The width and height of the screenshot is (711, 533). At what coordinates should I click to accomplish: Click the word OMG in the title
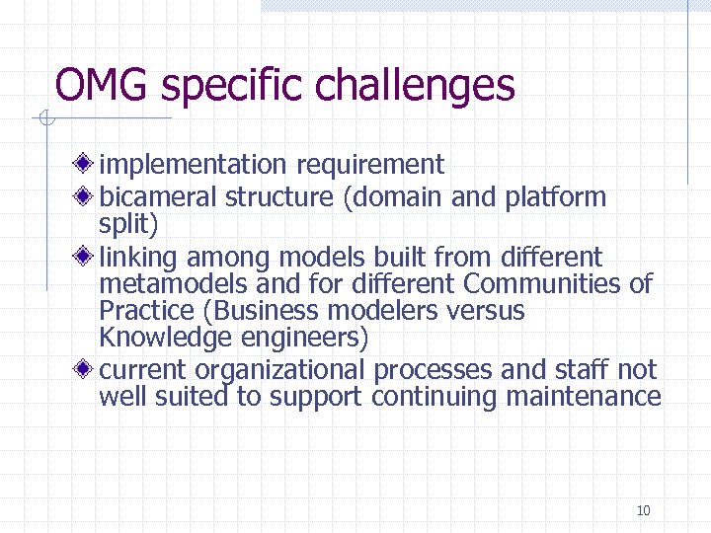[102, 85]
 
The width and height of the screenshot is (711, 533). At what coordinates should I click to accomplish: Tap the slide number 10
[644, 510]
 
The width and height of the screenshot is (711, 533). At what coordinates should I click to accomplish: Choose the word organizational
[280, 370]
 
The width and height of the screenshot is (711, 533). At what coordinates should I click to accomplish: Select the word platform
[555, 196]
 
